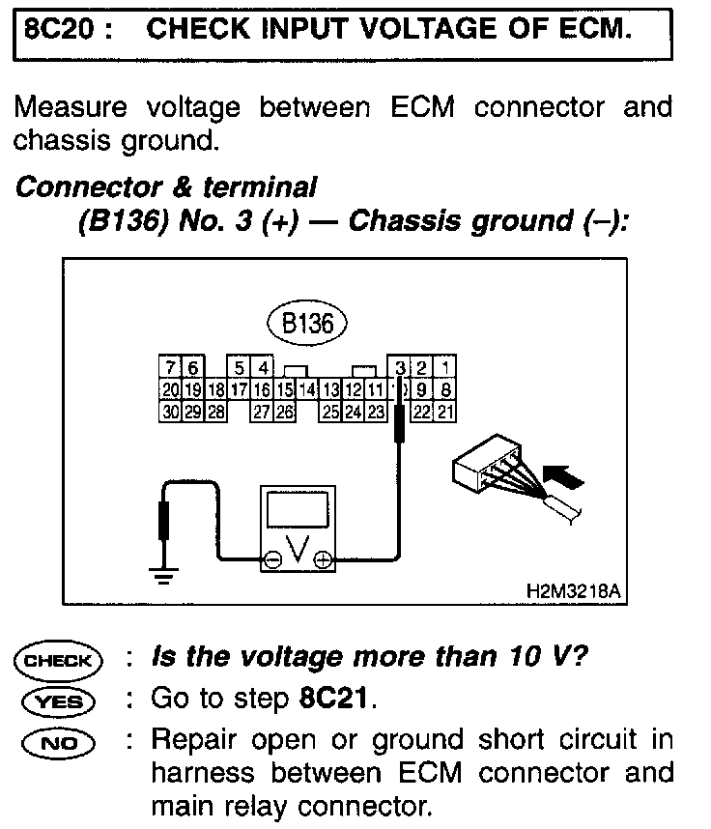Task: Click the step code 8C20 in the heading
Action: (x=61, y=29)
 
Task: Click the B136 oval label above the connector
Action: (x=307, y=323)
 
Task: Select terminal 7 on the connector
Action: (x=170, y=367)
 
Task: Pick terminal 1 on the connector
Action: (x=445, y=367)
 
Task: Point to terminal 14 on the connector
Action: (x=307, y=390)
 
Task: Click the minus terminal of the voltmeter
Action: (x=272, y=559)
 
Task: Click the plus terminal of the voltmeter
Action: (x=323, y=559)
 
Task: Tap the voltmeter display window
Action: (x=298, y=511)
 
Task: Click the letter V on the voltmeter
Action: (x=298, y=550)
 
